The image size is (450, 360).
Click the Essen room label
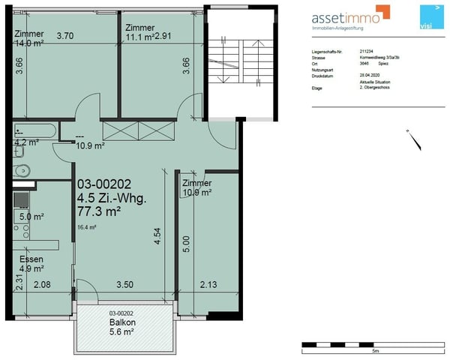tap(31, 259)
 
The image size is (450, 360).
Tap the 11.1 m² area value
tap(139, 35)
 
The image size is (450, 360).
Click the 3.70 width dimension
tap(65, 35)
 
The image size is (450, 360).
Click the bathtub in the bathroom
tap(34, 130)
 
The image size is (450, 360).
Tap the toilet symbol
tap(20, 169)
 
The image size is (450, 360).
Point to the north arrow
tap(407, 137)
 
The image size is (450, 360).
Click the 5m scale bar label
tap(375, 350)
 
